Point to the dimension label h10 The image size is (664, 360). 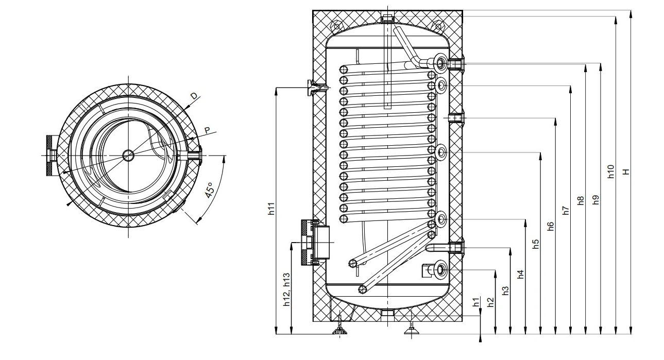click(x=610, y=172)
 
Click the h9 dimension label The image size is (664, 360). click(x=595, y=200)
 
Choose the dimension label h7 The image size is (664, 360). click(x=565, y=210)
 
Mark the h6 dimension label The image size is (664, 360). click(x=550, y=226)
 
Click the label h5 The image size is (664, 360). click(x=535, y=244)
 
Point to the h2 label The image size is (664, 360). click(x=490, y=302)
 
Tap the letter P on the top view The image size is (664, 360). click(x=208, y=130)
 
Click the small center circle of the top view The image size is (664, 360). click(x=128, y=155)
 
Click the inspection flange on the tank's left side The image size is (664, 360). click(x=313, y=242)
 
